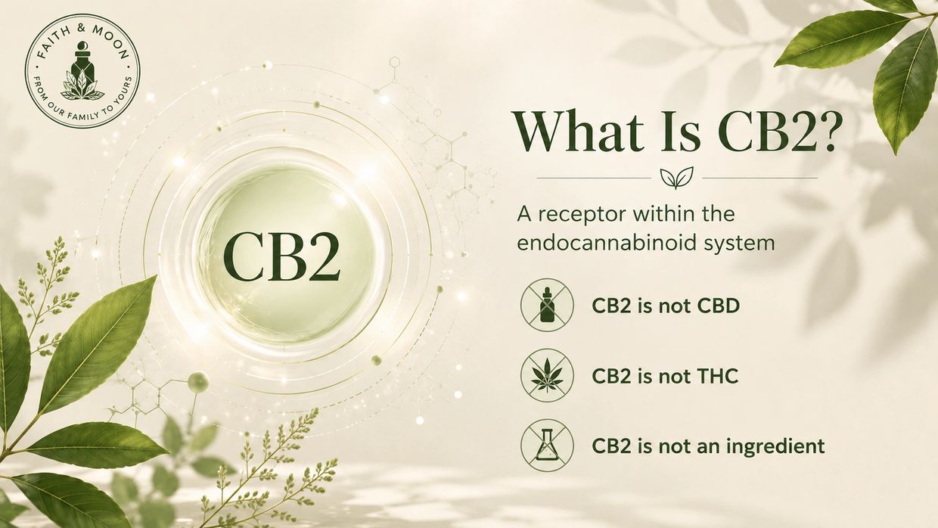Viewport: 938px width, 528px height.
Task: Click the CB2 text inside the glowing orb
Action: click(x=281, y=257)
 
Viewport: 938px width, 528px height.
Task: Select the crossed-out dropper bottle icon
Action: click(x=547, y=306)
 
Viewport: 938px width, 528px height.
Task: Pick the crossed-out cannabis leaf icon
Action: click(x=547, y=376)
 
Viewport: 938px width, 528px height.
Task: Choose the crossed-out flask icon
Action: click(x=547, y=446)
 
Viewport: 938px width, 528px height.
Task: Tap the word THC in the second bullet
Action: click(x=718, y=377)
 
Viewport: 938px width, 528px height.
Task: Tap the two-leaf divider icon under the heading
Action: click(x=677, y=178)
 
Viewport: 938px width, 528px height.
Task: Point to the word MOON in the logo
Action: click(x=111, y=41)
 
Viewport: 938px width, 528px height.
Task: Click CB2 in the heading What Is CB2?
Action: click(x=763, y=131)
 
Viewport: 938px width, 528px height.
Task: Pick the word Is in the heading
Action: click(x=679, y=131)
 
